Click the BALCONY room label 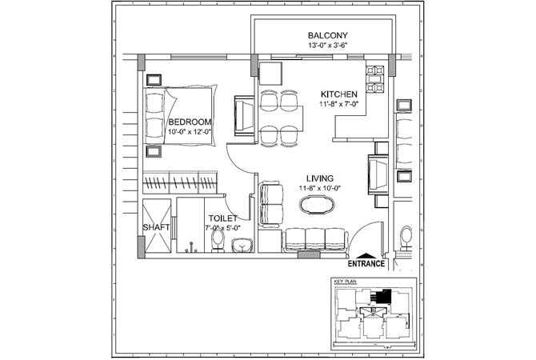point(327,35)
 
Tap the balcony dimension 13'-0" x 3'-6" point(327,46)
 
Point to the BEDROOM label point(190,122)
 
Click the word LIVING point(320,178)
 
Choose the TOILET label point(221,218)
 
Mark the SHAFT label point(156,227)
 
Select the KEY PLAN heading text point(343,282)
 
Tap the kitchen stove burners point(373,77)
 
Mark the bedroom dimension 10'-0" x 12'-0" point(190,132)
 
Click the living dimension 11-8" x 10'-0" point(320,188)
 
